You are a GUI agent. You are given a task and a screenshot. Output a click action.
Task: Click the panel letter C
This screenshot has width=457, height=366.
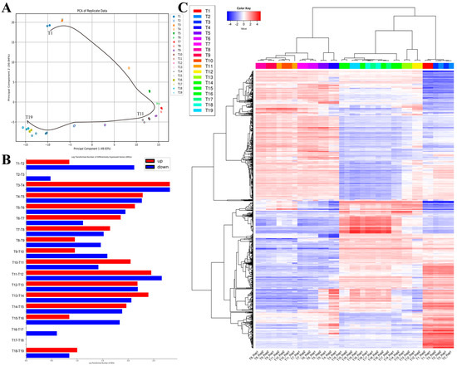(197, 9)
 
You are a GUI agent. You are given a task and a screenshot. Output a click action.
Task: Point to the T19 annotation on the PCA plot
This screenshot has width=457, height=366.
(30, 118)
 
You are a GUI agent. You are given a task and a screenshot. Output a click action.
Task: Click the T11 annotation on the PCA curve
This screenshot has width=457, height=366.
(140, 113)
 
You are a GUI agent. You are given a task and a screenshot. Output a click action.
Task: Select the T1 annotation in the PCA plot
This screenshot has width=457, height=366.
(50, 33)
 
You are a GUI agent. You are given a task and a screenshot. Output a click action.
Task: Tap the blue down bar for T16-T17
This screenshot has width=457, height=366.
(42, 334)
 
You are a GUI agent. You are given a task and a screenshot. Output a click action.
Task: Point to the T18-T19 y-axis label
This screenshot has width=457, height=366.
(18, 353)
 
